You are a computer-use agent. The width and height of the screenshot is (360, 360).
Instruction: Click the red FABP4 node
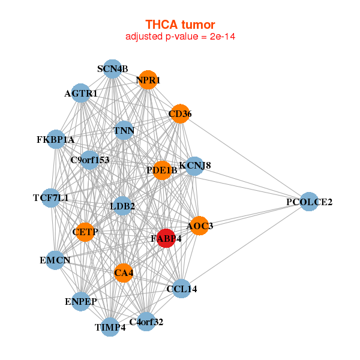(x=166, y=238)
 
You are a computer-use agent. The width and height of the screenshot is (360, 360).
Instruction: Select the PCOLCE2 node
(x=309, y=202)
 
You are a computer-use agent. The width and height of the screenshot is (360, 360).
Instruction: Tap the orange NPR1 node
(x=148, y=80)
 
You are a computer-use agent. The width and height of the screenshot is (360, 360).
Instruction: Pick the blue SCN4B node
(x=112, y=69)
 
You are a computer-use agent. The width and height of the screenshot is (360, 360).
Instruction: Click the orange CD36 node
(x=180, y=113)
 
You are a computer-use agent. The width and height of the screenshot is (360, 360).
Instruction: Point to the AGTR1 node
(x=80, y=93)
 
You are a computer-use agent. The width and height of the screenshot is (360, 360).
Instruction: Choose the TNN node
(x=124, y=130)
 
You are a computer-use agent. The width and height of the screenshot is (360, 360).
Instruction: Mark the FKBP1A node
(x=56, y=139)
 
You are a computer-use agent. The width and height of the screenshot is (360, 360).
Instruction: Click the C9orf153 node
(x=90, y=160)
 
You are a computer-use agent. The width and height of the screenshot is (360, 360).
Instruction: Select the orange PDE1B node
(x=162, y=170)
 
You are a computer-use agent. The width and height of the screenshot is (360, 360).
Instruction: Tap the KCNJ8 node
(x=194, y=166)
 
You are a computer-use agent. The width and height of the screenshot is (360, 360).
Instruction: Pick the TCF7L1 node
(x=51, y=198)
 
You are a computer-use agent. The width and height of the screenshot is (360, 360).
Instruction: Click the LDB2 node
(x=122, y=206)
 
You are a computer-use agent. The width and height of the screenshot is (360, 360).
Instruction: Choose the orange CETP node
(x=85, y=232)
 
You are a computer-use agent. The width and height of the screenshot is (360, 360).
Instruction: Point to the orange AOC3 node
(x=200, y=226)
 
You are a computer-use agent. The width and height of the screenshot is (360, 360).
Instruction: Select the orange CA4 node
(x=124, y=273)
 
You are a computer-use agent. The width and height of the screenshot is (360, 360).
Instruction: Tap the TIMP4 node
(x=110, y=327)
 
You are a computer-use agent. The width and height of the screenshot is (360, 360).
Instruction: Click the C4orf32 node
(x=146, y=322)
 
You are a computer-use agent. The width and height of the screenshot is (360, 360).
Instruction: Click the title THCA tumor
(x=180, y=25)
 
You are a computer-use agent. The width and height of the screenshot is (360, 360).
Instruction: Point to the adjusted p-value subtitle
(x=180, y=37)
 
